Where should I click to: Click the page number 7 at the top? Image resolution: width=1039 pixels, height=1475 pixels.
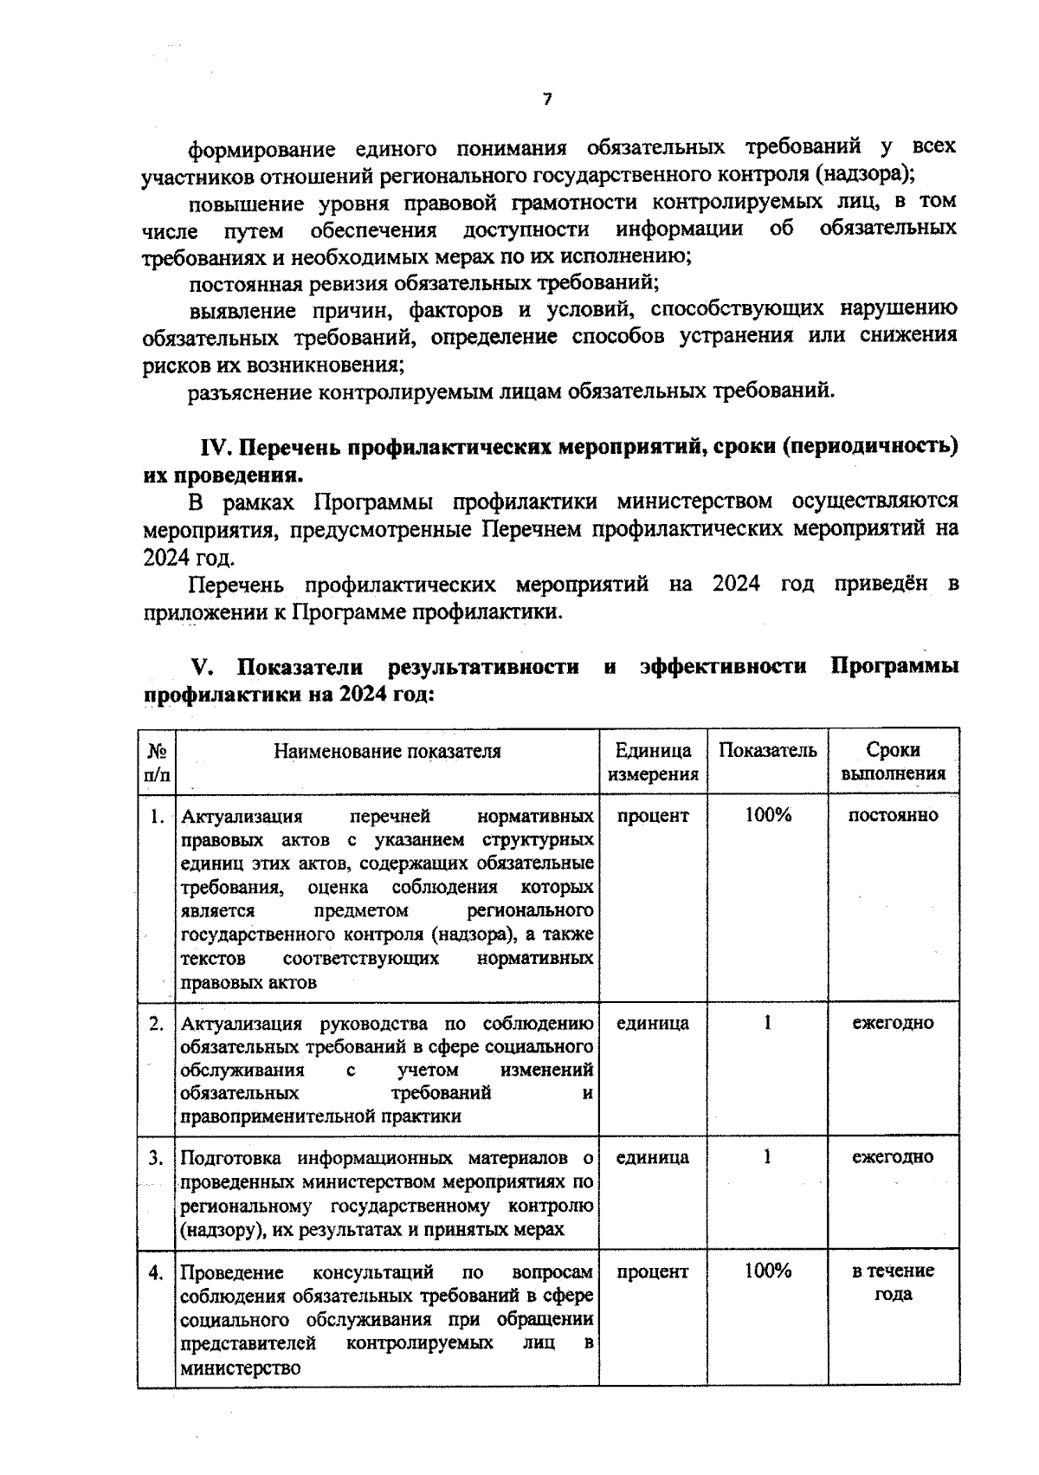[x=546, y=100]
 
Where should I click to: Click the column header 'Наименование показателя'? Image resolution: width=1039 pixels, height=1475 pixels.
[x=387, y=751]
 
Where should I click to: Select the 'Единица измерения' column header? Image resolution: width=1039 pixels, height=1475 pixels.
[x=653, y=762]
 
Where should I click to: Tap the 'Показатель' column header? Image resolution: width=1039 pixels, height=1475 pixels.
[x=767, y=751]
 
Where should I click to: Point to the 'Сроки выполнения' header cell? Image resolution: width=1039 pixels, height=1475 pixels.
[x=893, y=762]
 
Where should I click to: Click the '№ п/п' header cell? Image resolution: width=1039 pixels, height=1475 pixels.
[x=157, y=762]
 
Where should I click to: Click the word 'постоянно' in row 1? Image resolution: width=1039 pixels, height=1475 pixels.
[x=893, y=816]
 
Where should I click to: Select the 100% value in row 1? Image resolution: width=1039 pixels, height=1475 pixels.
[x=767, y=816]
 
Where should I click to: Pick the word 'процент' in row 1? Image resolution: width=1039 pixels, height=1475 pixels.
[x=653, y=816]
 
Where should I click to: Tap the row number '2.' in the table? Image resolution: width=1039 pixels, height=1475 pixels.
[x=157, y=1023]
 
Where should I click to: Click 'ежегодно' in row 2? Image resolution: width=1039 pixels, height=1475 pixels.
[x=893, y=1023]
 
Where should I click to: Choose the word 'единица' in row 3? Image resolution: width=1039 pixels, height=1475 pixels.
[x=653, y=1157]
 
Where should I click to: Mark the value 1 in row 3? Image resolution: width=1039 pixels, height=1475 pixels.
[x=767, y=1157]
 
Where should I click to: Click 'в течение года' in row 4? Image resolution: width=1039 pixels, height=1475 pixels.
[x=893, y=1283]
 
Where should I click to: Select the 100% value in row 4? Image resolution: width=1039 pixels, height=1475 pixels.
[x=767, y=1271]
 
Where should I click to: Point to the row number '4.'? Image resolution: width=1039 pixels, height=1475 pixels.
[x=157, y=1272]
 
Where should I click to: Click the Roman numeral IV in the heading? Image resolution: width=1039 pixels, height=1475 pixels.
[x=213, y=448]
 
